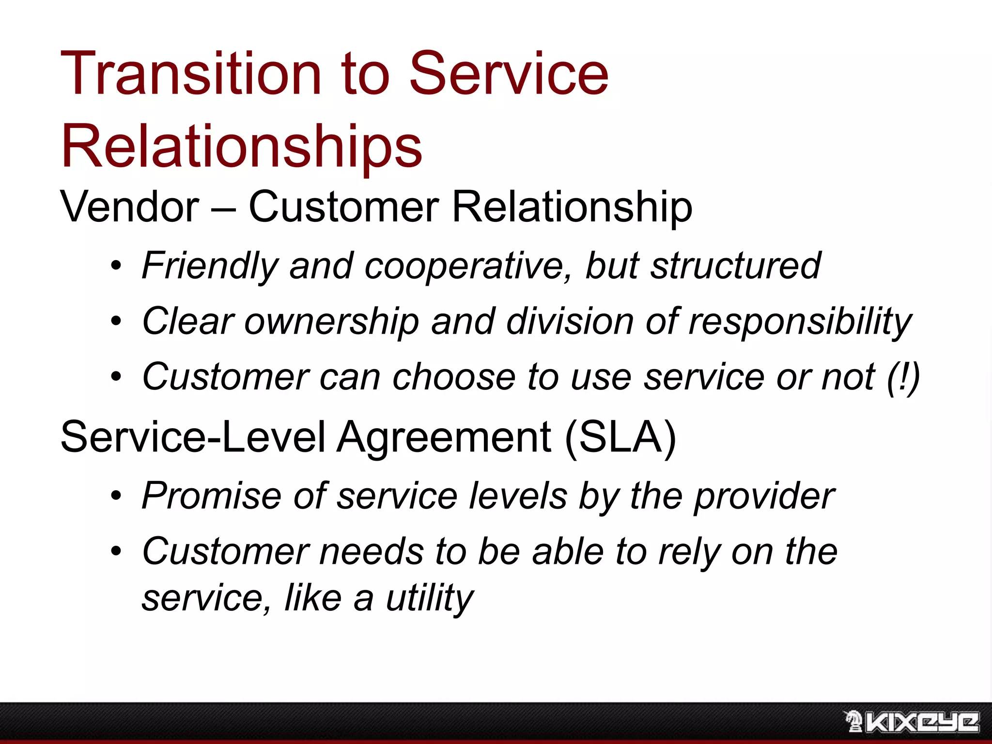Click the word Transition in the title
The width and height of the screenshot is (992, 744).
click(191, 74)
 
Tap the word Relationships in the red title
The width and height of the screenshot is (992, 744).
click(242, 146)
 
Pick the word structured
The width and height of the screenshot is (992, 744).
click(735, 265)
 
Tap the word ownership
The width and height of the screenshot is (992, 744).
click(332, 322)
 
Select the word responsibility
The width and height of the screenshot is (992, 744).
click(800, 322)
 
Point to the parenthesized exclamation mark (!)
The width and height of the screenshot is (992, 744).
click(903, 377)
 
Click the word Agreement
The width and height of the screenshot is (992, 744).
click(444, 437)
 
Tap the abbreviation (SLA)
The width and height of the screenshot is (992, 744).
click(620, 437)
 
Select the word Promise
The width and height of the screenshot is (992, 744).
click(211, 496)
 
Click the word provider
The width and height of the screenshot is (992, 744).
click(764, 497)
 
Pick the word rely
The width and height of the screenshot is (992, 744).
click(689, 552)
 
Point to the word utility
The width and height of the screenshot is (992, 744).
click(429, 599)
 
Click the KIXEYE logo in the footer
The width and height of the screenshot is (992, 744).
click(912, 722)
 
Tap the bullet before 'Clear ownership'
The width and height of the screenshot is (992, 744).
click(116, 321)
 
